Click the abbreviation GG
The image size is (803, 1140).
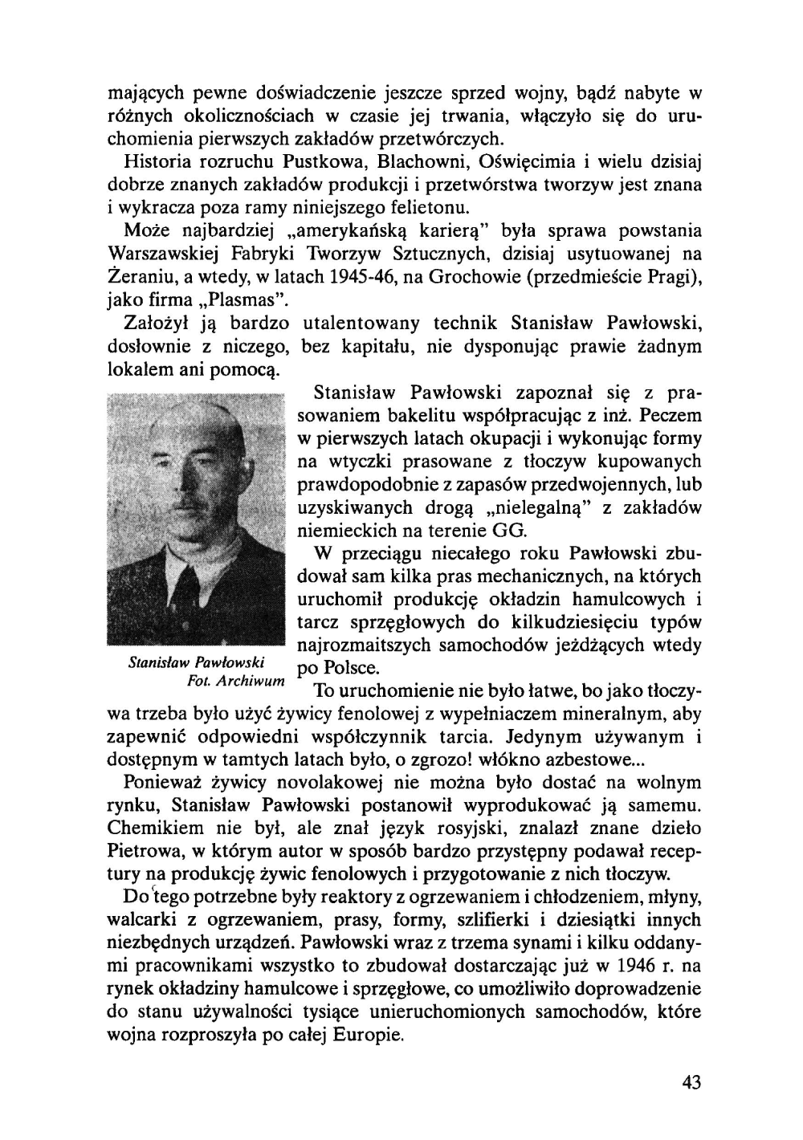[511, 531]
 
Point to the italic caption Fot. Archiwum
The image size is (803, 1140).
[234, 682]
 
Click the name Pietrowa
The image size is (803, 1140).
[141, 851]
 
